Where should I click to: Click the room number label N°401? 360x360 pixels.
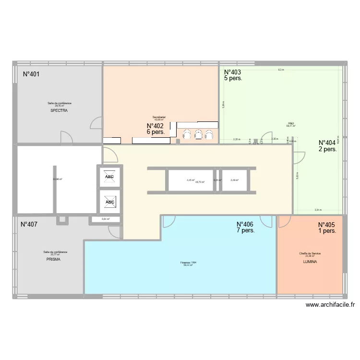pyautogui.click(x=31, y=74)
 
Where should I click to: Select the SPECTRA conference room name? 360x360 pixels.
pyautogui.click(x=60, y=111)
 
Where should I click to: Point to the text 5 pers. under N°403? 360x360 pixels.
pyautogui.click(x=233, y=79)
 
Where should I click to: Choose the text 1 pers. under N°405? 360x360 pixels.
pyautogui.click(x=327, y=231)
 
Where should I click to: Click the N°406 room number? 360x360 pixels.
pyautogui.click(x=246, y=224)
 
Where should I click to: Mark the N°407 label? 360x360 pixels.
pyautogui.click(x=29, y=224)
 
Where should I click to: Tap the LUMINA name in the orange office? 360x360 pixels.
pyautogui.click(x=310, y=262)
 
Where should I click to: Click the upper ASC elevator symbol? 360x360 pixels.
pyautogui.click(x=110, y=177)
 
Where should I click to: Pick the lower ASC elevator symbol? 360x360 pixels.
pyautogui.click(x=110, y=202)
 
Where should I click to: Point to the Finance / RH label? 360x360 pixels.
pyautogui.click(x=188, y=263)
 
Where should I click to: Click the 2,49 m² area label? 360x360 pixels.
pyautogui.click(x=234, y=180)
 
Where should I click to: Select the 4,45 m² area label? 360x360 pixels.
pyautogui.click(x=191, y=180)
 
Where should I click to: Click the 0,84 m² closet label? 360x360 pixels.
pyautogui.click(x=106, y=219)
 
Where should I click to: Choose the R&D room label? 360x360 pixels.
pyautogui.click(x=291, y=123)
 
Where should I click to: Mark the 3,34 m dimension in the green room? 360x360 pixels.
pyautogui.click(x=318, y=210)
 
